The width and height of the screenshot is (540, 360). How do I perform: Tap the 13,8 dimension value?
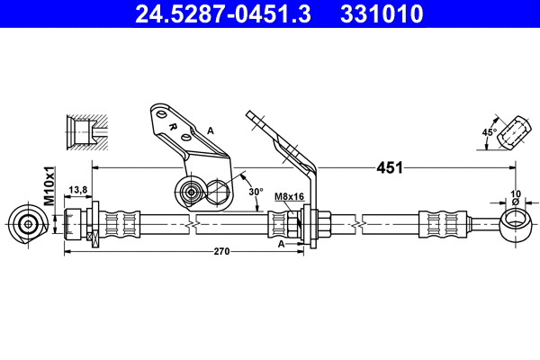(x=78, y=190)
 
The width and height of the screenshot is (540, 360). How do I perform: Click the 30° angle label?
(x=257, y=192)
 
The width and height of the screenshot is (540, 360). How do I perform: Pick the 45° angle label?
(x=490, y=132)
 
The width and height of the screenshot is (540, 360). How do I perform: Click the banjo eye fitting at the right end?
(x=514, y=221)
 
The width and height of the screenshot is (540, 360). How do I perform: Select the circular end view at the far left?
(x=29, y=223)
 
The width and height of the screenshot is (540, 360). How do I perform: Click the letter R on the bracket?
(x=170, y=126)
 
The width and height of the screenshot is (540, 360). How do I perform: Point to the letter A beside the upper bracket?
(x=211, y=131)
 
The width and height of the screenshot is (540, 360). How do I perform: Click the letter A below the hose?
(x=282, y=243)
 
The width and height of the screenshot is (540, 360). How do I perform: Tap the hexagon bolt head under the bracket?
(x=219, y=191)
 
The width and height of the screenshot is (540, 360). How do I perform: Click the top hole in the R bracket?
(x=159, y=114)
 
